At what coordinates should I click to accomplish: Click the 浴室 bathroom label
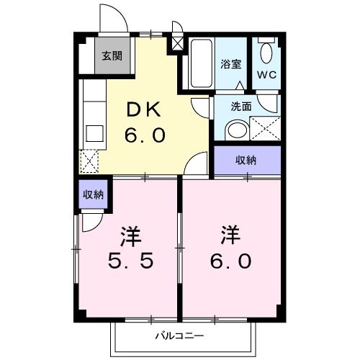[x=230, y=63]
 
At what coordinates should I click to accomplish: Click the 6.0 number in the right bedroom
[x=231, y=260]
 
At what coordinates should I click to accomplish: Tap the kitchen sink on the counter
[x=94, y=133]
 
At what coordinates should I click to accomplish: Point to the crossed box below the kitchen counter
[x=91, y=161]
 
